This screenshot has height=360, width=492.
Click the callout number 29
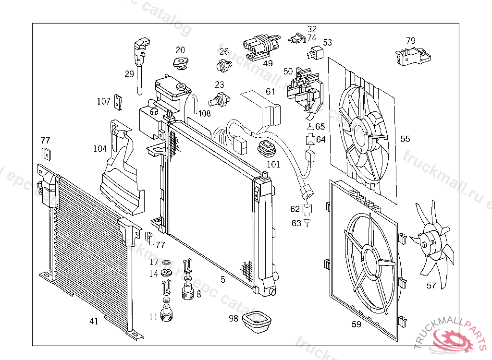129,74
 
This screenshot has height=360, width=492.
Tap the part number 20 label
180,50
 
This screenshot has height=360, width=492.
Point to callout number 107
103,101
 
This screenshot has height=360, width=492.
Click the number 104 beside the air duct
100,149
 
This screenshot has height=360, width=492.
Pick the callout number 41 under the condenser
94,321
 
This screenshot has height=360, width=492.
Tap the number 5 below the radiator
223,279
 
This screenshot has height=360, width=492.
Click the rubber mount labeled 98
257,320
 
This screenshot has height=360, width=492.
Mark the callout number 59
356,324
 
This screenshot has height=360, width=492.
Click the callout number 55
405,139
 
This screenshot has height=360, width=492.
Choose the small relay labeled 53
317,51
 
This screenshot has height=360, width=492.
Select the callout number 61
271,91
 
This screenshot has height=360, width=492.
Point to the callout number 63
296,223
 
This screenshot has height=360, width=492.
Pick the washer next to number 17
167,263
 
